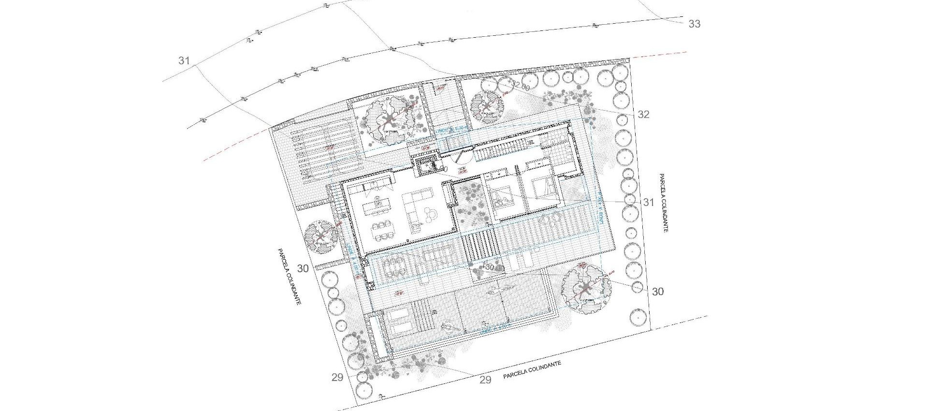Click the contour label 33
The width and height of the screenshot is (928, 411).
[x=694, y=24]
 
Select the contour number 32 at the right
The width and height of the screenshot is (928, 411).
[x=643, y=115]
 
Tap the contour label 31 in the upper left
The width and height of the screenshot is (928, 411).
[x=184, y=61]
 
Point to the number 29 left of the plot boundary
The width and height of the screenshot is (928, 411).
[x=337, y=377]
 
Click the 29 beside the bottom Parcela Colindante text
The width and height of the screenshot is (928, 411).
[x=485, y=380]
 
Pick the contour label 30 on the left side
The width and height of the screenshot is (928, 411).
[x=303, y=268]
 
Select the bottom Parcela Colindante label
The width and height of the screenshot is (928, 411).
[x=532, y=370]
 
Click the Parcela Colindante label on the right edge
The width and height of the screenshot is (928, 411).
[x=663, y=203]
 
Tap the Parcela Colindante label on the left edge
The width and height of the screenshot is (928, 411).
[x=290, y=276]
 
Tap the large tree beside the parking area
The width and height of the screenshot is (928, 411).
[x=390, y=120]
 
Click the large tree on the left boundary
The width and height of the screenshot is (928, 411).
[x=321, y=236]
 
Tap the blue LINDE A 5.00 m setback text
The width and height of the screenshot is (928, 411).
[x=452, y=130]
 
